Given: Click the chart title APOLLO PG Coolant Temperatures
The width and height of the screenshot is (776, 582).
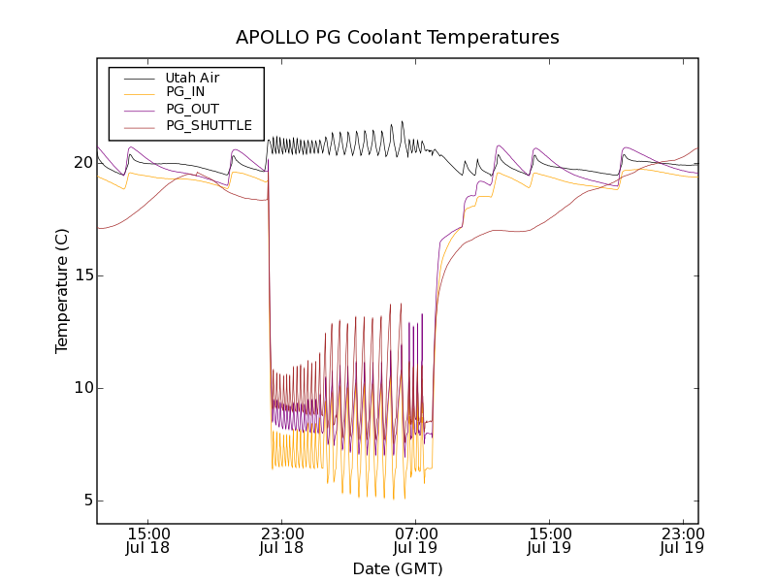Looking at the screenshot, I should (x=398, y=38).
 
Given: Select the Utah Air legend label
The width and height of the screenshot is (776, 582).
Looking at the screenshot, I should (x=192, y=78).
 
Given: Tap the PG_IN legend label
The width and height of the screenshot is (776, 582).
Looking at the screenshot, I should (x=185, y=92).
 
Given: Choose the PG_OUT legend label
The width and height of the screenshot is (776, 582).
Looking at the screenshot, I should (x=192, y=109).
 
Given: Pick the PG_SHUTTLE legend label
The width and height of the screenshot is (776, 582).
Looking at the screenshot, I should (x=209, y=125).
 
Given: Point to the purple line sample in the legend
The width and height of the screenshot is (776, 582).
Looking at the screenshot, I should (x=139, y=110).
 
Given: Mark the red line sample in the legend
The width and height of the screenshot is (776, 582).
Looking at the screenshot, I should (x=139, y=126).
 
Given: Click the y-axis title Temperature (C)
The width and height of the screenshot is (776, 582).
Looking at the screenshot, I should (x=62, y=291).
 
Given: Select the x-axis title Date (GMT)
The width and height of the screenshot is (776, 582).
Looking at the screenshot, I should (x=398, y=568).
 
